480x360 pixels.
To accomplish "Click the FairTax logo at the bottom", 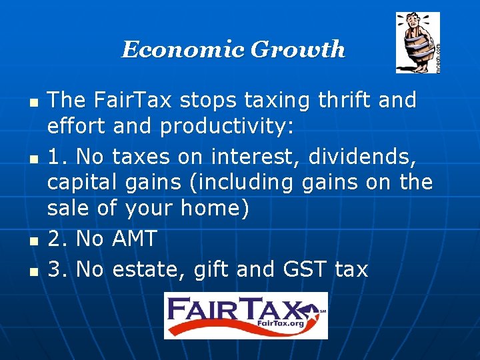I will [246, 315].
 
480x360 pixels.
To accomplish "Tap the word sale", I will [68, 208].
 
